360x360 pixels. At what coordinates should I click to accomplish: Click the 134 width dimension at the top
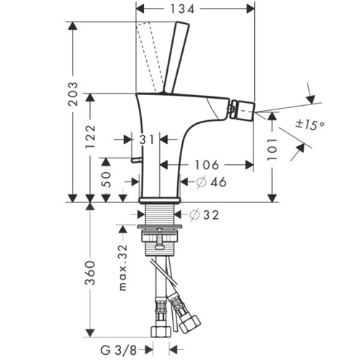[x=182, y=9]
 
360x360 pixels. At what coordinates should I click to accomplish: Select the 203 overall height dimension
[x=73, y=94]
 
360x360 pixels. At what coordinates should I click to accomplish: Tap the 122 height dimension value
[x=91, y=136]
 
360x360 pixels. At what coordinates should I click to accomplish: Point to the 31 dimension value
[x=147, y=140]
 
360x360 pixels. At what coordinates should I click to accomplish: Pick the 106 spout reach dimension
[x=207, y=165]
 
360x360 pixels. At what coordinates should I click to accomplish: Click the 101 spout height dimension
[x=272, y=149]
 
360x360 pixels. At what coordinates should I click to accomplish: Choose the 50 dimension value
[x=107, y=179]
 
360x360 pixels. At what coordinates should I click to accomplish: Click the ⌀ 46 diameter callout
[x=211, y=182]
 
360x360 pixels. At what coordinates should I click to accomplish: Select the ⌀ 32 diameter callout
[x=204, y=215]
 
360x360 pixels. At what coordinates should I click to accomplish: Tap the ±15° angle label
[x=310, y=125]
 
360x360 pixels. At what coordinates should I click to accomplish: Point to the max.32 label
[x=123, y=268]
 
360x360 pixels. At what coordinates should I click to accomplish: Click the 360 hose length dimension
[x=91, y=273]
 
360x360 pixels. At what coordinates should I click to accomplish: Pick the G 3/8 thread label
[x=119, y=351]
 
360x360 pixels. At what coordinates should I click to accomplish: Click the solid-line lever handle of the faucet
[x=176, y=58]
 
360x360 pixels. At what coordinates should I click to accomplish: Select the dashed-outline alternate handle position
[x=149, y=58]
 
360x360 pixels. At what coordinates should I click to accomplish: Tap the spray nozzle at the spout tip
[x=242, y=110]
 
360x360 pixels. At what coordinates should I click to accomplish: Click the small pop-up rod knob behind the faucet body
[x=136, y=160]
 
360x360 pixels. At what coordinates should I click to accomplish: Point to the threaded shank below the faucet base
[x=160, y=214]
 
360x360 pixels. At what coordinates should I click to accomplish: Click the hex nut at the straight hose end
[x=161, y=331]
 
